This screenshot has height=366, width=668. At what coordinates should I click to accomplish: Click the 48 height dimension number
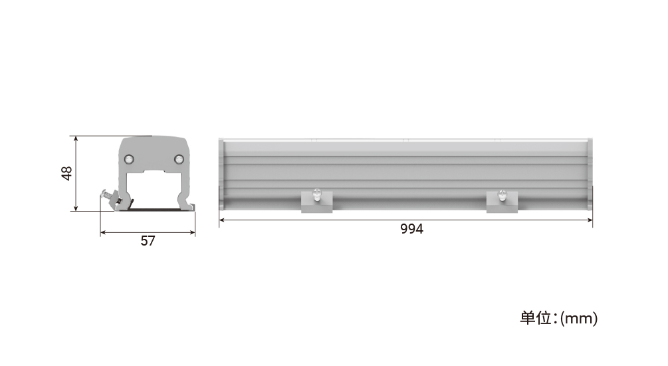[x=66, y=174]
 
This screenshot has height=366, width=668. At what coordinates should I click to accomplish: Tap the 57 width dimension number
[x=148, y=241]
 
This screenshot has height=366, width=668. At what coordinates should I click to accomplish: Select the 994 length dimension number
[x=411, y=229]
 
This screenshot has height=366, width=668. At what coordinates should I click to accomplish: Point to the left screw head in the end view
[x=128, y=159]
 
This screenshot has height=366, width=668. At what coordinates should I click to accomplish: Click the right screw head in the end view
[x=179, y=158]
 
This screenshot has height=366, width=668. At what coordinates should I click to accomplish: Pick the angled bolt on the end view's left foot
[x=111, y=198]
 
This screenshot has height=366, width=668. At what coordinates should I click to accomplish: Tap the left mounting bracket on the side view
[x=316, y=202]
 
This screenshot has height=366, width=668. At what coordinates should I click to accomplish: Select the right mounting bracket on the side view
[x=502, y=202]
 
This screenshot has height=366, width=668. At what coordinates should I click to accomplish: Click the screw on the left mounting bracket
[x=317, y=194]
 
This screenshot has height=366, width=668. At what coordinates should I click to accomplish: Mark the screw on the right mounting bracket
[x=502, y=194]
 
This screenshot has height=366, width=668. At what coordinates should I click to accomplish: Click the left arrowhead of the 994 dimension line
[x=222, y=220]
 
